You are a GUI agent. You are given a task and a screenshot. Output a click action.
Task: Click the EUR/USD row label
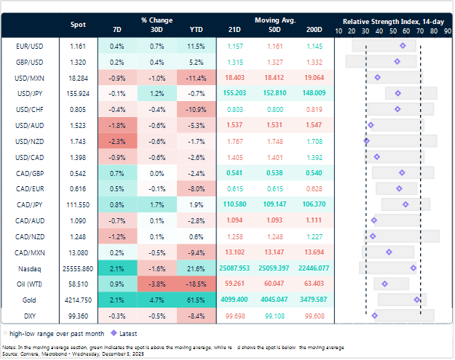tap(27, 46)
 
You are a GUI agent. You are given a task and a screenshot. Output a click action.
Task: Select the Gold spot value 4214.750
tap(77, 299)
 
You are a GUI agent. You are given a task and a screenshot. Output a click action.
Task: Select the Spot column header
tap(77, 24)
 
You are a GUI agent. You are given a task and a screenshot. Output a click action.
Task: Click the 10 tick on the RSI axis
tap(339, 31)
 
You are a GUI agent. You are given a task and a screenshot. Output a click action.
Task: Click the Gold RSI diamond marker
tap(416, 299)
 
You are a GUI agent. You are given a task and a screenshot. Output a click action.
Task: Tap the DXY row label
tap(27, 316)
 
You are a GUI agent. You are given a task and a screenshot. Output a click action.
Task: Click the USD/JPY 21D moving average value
tap(234, 93)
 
